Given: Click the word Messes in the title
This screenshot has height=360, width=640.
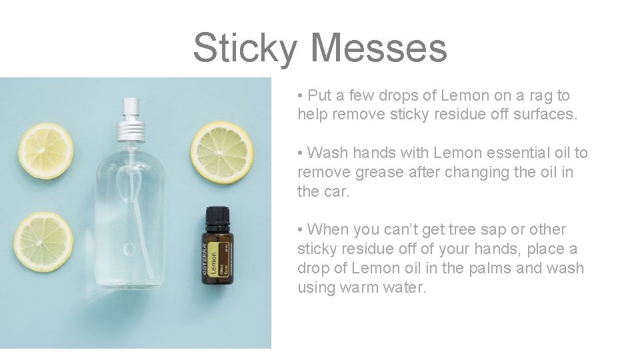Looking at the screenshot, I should [378, 48].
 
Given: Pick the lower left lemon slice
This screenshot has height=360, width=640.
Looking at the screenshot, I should [43, 241].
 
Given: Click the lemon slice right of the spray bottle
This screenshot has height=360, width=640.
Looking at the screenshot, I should [222, 151].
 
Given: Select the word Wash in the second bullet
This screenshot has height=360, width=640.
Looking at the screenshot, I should [324, 153].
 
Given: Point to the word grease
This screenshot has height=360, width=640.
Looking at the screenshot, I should [372, 172].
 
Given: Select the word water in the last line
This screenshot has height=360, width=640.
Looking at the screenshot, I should [404, 287].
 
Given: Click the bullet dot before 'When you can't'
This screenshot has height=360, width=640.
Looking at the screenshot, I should [301, 230].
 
